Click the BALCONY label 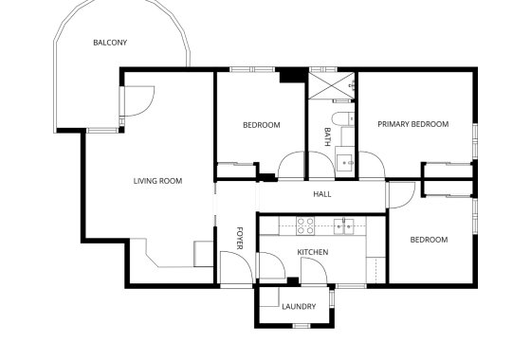point(110,43)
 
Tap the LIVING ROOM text point(157,180)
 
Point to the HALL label point(321,194)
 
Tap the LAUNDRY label point(299,306)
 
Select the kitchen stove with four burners point(306,225)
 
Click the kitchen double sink point(346,225)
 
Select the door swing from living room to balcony point(139,99)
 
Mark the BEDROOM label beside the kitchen point(429,240)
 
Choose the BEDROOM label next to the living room point(261,125)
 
